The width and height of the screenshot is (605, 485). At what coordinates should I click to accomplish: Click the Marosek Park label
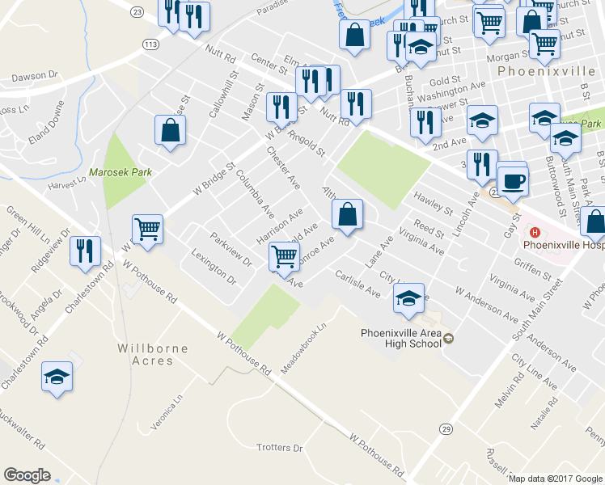121,172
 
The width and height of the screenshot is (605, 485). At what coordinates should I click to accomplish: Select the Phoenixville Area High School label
401,337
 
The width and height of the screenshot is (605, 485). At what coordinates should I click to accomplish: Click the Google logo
27,475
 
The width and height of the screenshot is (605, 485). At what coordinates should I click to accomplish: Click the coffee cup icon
512,181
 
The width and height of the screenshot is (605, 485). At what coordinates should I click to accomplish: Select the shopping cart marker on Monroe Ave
284,256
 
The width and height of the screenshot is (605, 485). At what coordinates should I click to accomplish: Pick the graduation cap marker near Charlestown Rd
57,377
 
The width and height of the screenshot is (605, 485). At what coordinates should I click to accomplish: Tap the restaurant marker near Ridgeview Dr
84,251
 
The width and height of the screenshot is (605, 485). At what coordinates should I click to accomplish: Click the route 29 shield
445,428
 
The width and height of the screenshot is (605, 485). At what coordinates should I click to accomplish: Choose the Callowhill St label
224,95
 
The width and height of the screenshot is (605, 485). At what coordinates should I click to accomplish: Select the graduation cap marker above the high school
409,298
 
